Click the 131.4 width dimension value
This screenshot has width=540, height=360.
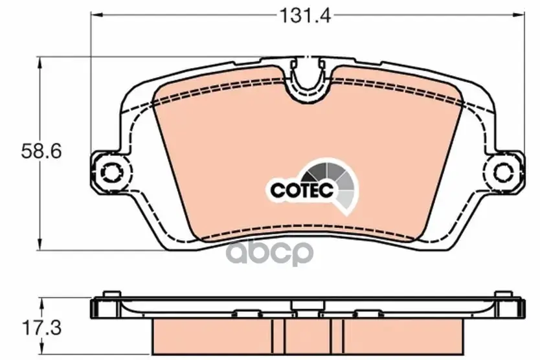click(x=305, y=16)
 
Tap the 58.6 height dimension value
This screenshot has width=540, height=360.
click(x=41, y=152)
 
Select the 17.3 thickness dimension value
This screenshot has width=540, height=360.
click(x=41, y=328)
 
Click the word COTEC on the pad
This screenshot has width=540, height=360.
click(x=302, y=190)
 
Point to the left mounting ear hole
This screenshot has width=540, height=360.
click(x=110, y=172)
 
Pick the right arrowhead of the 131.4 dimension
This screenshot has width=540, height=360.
click(x=519, y=14)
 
